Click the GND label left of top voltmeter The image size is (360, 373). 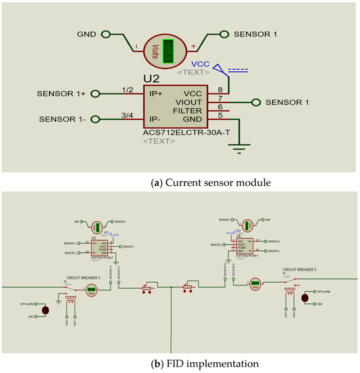tap(87, 33)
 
